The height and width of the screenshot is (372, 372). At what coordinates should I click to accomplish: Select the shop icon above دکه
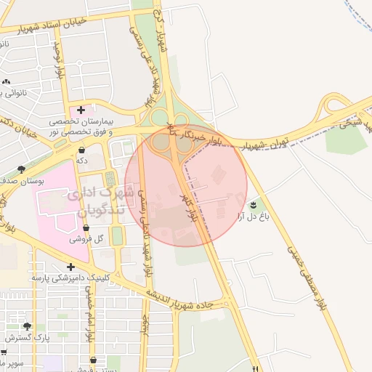point(81,150)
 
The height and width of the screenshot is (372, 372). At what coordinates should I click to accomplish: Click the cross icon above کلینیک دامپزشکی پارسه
point(70,267)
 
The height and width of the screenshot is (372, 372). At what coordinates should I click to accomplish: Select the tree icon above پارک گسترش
point(27,327)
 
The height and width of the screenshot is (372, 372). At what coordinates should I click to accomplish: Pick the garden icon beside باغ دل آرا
point(253,205)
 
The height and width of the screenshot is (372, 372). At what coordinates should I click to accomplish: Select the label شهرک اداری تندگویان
point(102,202)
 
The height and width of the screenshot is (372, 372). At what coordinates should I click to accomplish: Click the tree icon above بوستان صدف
point(21,169)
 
